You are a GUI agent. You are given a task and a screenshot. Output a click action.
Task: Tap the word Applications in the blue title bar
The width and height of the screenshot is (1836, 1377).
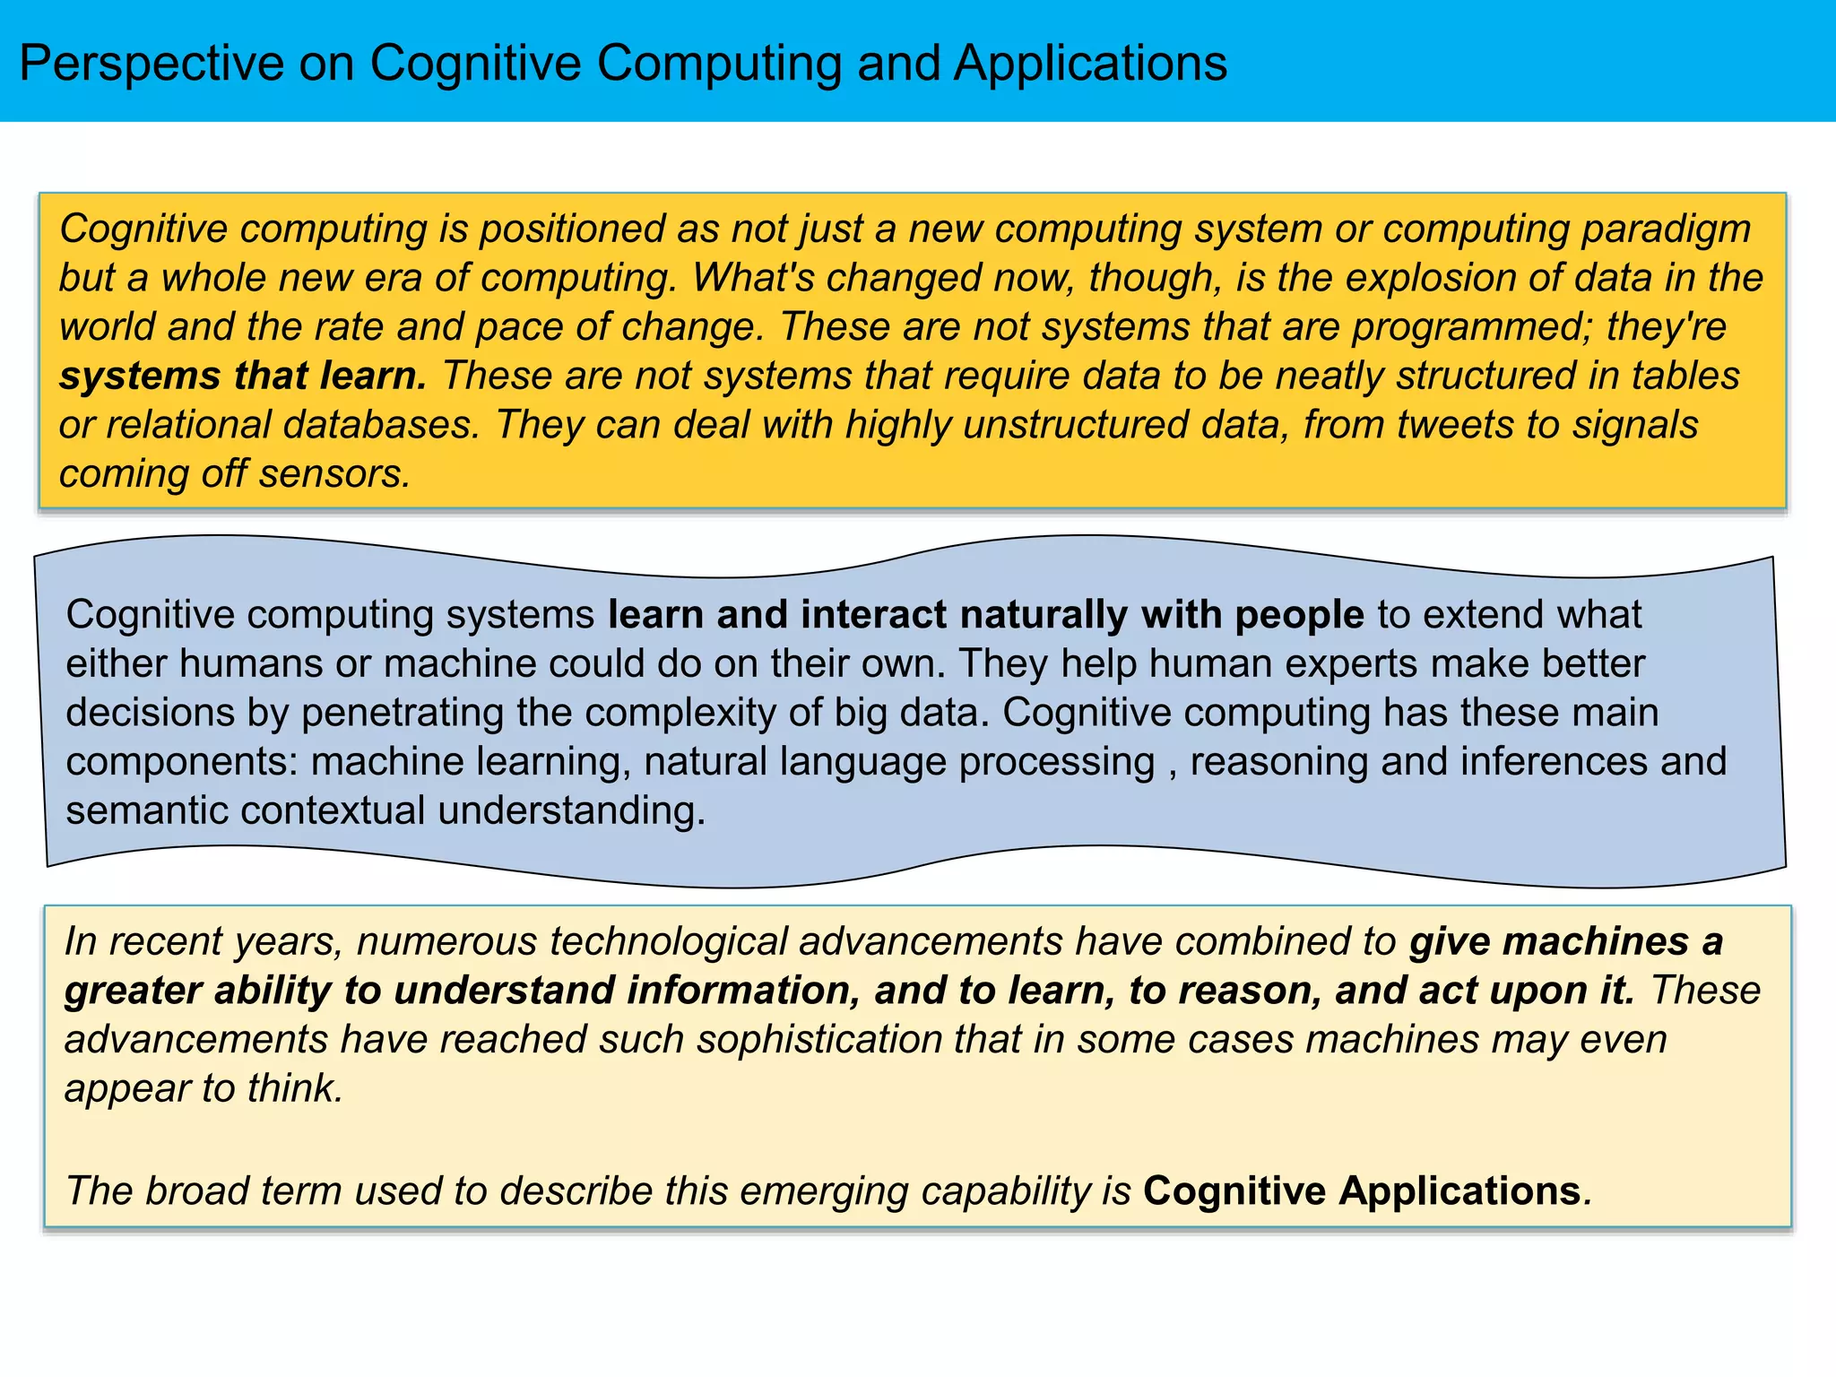pos(1090,65)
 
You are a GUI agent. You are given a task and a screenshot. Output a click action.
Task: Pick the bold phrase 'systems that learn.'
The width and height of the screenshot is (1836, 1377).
pos(243,376)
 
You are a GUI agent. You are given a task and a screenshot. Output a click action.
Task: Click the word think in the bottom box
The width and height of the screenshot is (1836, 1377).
pos(295,1088)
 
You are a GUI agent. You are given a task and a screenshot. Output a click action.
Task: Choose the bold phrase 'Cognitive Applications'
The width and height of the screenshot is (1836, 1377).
pos(1362,1191)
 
